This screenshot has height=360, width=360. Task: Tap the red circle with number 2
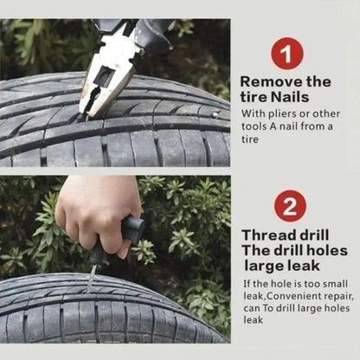coord(291,206)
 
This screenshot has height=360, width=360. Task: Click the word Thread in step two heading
coord(268,235)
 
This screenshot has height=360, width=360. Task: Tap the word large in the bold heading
coord(267,265)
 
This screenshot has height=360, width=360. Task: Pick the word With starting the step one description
coord(254,113)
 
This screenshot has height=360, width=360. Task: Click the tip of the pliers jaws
coord(87,110)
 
